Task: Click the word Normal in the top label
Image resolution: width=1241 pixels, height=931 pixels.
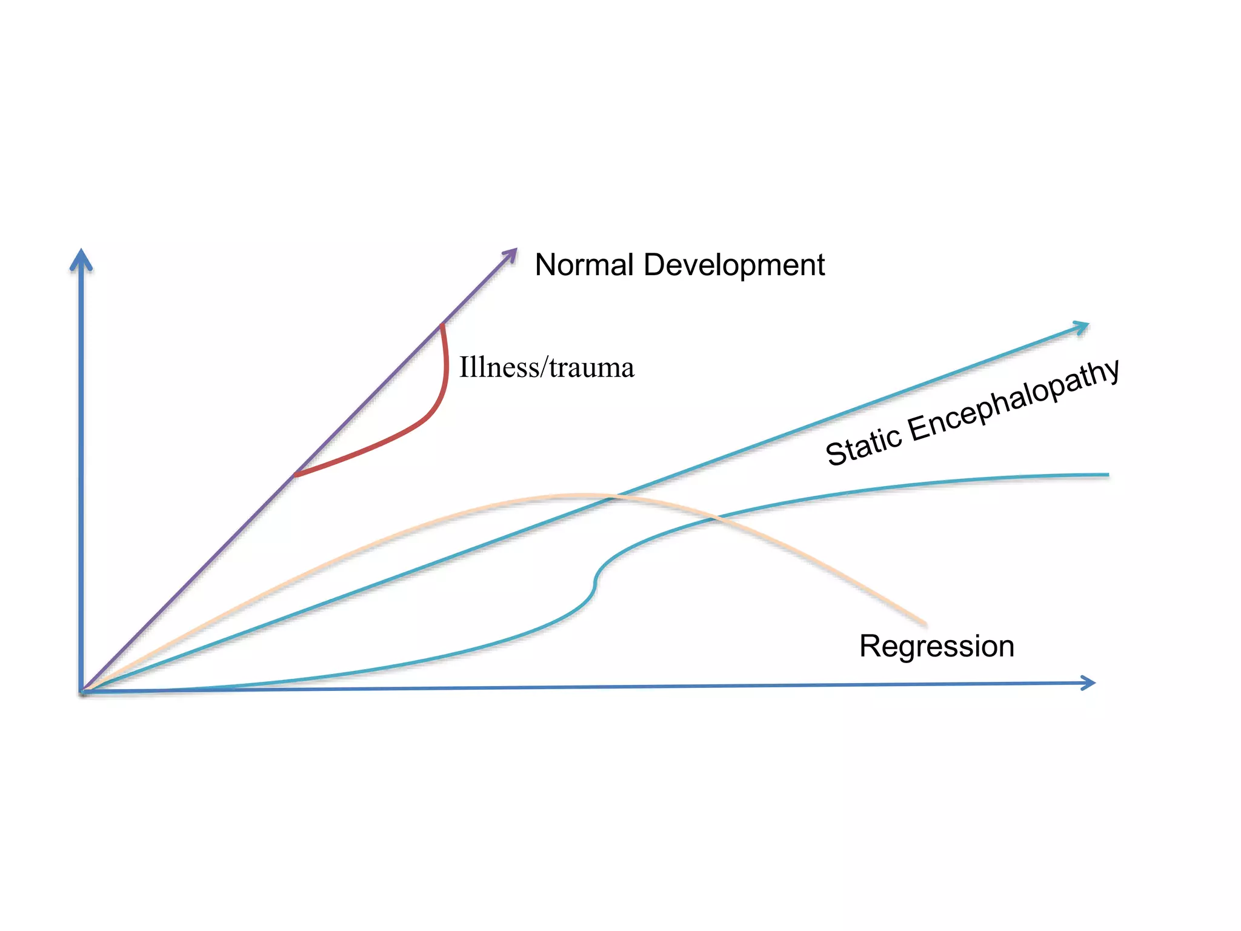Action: [x=584, y=265]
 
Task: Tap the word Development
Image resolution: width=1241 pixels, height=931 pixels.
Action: [x=734, y=265]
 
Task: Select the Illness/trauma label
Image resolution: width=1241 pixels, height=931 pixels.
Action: [x=547, y=368]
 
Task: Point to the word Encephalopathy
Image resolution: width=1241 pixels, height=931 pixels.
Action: [x=1013, y=400]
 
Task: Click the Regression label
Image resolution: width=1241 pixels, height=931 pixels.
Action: [x=937, y=646]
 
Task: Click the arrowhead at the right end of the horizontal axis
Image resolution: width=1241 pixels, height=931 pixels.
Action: [x=1088, y=683]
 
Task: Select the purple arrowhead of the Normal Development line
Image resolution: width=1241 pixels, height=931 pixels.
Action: [x=511, y=254]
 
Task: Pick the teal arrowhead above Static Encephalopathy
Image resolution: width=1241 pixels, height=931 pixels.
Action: [x=1081, y=328]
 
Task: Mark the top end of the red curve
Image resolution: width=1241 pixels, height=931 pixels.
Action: [x=442, y=326]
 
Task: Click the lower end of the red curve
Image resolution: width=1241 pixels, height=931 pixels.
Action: [x=295, y=475]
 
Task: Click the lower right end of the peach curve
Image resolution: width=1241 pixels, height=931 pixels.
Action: [x=925, y=623]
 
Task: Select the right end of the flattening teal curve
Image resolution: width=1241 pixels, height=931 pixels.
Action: [x=1107, y=475]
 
